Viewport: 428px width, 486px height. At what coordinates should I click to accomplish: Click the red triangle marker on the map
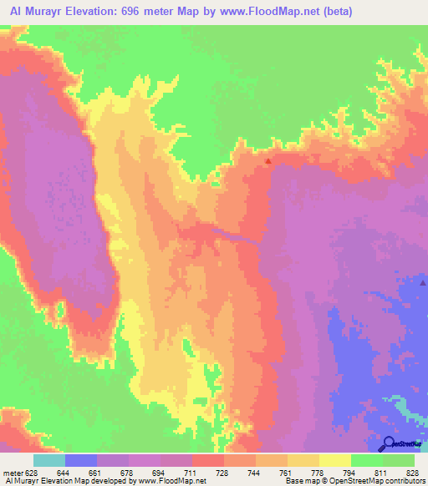268,161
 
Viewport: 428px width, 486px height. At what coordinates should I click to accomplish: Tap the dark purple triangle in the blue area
423,283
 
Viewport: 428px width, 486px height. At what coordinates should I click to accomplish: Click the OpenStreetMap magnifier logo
389,443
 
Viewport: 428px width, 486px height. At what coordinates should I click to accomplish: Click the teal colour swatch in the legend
48,460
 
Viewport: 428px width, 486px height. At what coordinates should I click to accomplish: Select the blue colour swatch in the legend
80,460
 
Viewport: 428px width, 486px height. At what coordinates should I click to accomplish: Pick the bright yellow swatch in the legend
334,460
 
